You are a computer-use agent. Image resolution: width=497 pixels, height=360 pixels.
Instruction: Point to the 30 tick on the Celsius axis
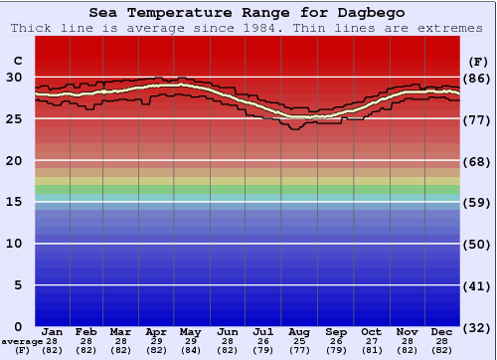(14, 77)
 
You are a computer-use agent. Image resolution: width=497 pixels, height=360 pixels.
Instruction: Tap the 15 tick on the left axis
(14, 202)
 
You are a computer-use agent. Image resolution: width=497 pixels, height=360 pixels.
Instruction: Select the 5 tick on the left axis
(17, 285)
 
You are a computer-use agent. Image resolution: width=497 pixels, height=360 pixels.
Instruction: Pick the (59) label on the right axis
(477, 202)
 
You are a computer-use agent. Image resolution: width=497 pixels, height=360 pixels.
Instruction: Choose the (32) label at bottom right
(477, 327)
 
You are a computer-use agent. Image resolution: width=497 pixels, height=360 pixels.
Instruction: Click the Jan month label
(53, 332)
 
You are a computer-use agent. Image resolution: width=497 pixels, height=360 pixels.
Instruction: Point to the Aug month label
(298, 332)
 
